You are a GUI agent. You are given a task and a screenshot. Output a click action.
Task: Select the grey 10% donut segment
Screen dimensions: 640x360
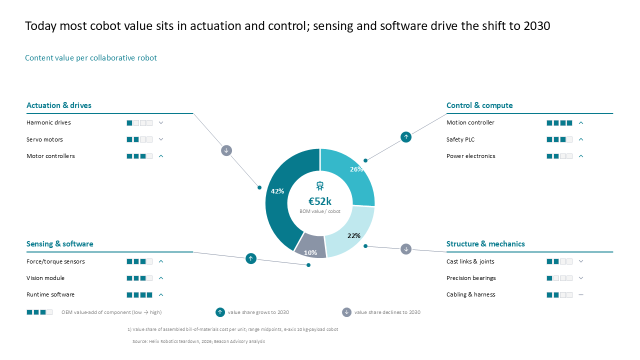click(310, 246)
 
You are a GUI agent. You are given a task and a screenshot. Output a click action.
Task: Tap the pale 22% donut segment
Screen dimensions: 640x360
click(353, 233)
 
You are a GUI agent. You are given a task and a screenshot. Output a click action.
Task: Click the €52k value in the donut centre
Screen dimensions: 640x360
click(319, 201)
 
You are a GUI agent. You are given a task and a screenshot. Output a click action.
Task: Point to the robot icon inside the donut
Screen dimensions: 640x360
click(320, 185)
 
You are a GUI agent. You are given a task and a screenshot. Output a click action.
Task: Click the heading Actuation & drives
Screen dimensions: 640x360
click(59, 105)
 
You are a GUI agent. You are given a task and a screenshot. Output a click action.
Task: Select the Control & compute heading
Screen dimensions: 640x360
click(479, 105)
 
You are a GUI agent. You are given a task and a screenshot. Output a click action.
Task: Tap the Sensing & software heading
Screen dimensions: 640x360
click(59, 243)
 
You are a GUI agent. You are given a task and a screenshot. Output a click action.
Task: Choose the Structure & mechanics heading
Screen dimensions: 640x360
click(485, 243)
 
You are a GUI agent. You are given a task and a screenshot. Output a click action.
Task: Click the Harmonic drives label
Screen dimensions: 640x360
click(48, 122)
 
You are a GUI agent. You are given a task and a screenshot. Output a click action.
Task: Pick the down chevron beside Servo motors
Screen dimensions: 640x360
click(161, 139)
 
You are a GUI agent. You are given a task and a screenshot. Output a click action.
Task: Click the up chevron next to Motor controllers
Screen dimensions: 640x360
click(161, 156)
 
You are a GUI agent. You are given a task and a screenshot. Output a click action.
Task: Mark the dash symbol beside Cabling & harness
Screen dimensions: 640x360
click(581, 294)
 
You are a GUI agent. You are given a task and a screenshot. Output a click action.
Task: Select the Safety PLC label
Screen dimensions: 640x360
click(460, 139)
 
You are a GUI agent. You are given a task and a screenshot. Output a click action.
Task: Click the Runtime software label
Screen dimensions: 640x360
click(50, 294)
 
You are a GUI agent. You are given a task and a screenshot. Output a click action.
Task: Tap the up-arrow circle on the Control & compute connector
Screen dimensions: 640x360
click(406, 137)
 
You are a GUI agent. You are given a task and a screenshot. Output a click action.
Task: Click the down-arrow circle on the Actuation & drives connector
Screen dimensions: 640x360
click(226, 150)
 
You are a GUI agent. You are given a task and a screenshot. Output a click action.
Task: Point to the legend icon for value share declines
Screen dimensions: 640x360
click(346, 312)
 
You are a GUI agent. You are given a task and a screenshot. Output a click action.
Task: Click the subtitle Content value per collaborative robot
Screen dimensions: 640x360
click(91, 57)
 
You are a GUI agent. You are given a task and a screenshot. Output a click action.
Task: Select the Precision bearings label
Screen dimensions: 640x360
click(471, 278)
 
